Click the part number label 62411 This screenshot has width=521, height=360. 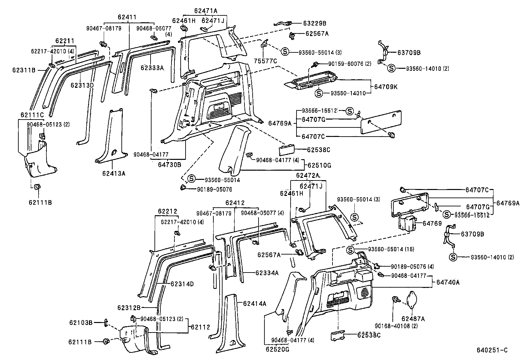coord(127,17)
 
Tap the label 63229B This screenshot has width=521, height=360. coord(314,23)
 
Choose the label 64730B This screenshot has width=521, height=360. coord(170,165)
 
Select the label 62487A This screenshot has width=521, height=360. coord(413,318)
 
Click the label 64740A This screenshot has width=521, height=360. coord(448,282)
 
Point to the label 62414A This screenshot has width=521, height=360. coord(254,304)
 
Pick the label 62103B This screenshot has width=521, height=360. coord(81,322)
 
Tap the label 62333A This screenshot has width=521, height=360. coord(152,68)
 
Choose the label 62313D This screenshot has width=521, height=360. coord(82,85)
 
